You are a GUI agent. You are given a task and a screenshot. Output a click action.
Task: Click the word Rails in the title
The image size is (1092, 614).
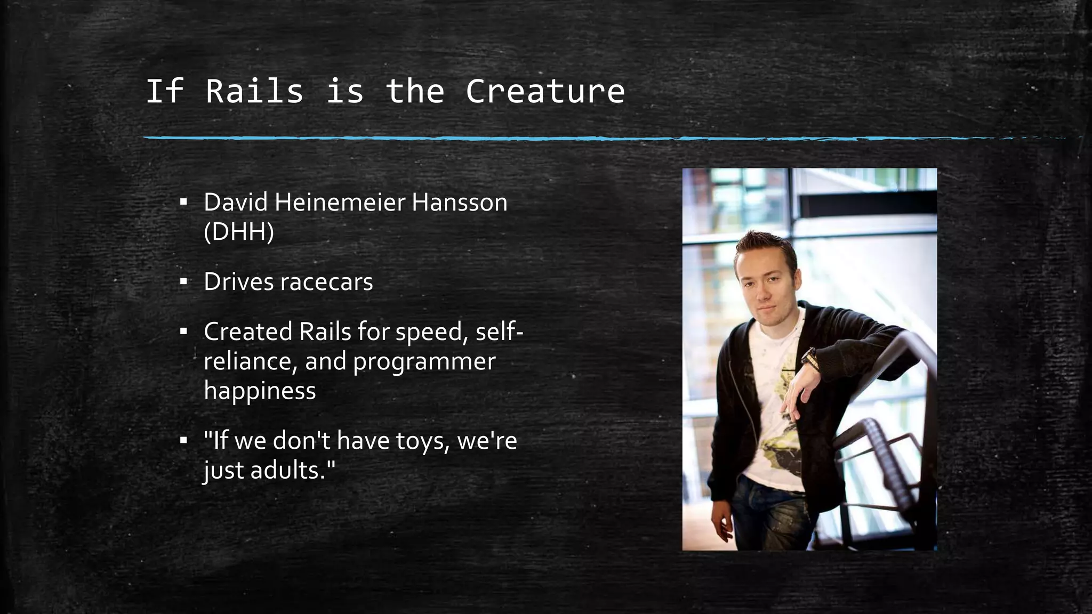pyautogui.click(x=254, y=91)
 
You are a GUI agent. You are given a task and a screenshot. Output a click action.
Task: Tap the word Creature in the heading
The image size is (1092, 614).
pyautogui.click(x=545, y=91)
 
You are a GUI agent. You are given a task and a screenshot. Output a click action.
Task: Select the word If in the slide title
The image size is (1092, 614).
pyautogui.click(x=165, y=91)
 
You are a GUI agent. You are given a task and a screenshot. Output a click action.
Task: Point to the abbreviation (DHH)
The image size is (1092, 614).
pyautogui.click(x=239, y=232)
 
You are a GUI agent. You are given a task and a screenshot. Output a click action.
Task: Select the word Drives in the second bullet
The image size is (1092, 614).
pyautogui.click(x=238, y=282)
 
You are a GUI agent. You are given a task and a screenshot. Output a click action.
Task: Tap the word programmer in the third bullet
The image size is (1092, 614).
pyautogui.click(x=424, y=362)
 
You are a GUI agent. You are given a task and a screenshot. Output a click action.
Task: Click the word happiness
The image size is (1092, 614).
pyautogui.click(x=260, y=391)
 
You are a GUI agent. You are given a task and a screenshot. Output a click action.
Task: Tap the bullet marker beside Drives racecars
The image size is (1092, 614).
pyautogui.click(x=183, y=281)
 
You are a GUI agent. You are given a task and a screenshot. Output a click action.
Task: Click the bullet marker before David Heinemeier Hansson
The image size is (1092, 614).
pyautogui.click(x=183, y=203)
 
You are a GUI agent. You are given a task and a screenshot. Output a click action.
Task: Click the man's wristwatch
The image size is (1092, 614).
pyautogui.click(x=809, y=358)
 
